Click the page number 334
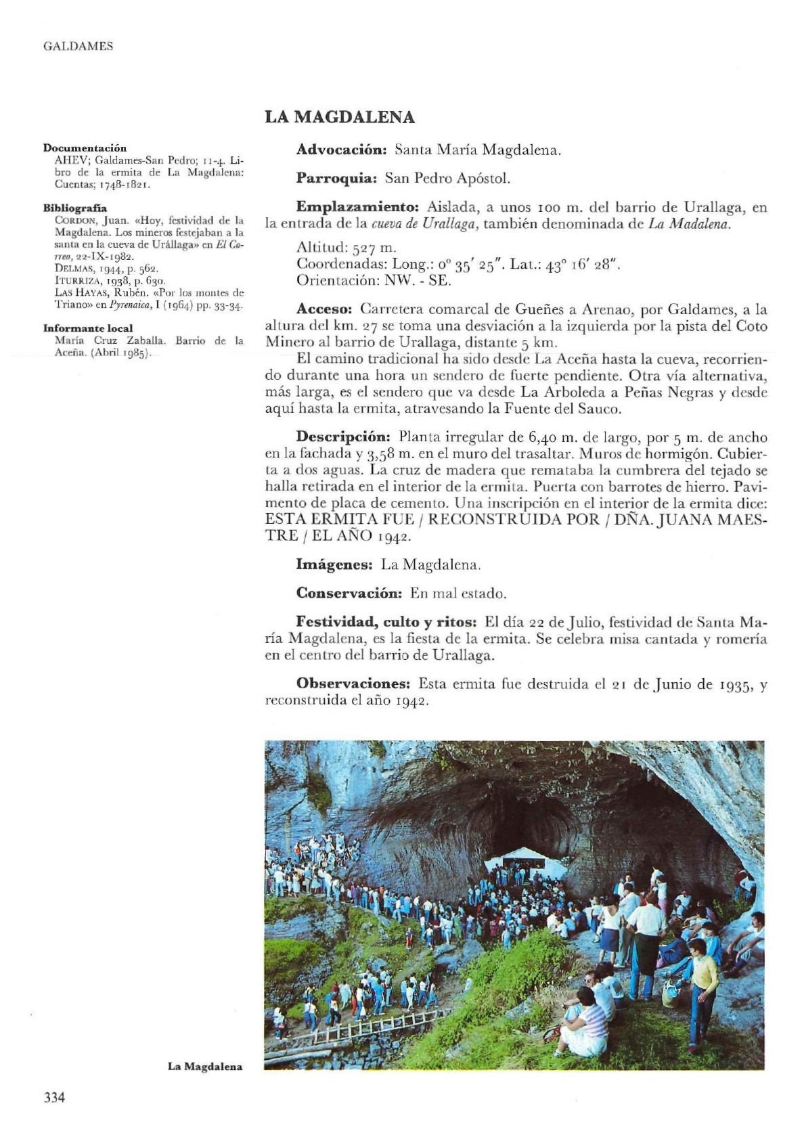click(x=53, y=1097)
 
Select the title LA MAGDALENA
click(x=339, y=117)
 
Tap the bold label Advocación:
click(x=341, y=150)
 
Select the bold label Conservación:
click(x=349, y=594)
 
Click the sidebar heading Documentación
click(x=85, y=148)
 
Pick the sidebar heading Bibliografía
click(x=75, y=208)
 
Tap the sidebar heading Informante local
click(x=88, y=328)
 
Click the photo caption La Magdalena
click(x=204, y=1067)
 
